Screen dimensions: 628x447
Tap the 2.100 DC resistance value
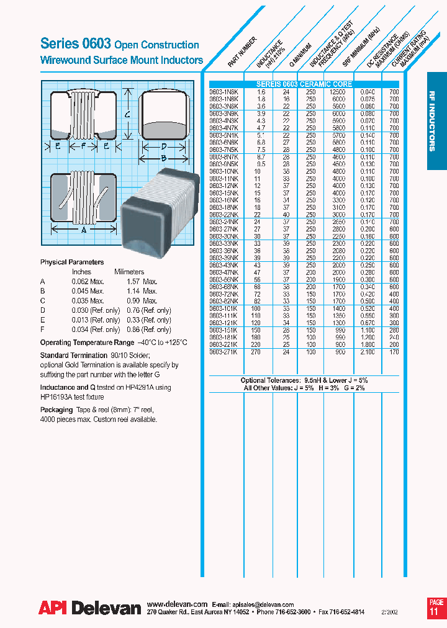(368, 352)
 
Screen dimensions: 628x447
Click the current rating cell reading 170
(393, 352)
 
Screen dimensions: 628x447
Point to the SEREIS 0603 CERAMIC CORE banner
(304, 84)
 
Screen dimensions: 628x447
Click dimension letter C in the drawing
(127, 114)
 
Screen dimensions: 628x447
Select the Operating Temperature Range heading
(87, 343)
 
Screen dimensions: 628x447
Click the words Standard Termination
(70, 356)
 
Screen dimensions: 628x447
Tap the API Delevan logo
(90, 608)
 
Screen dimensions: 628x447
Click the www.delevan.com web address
(177, 604)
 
